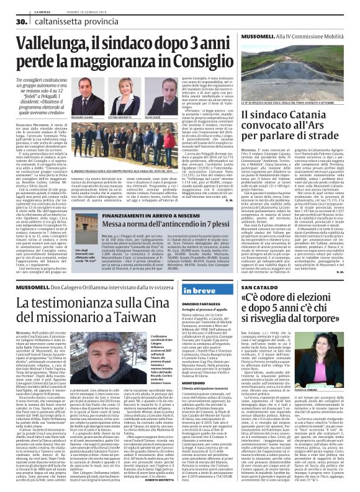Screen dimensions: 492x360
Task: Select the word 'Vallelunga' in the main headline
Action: (x=59, y=45)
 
